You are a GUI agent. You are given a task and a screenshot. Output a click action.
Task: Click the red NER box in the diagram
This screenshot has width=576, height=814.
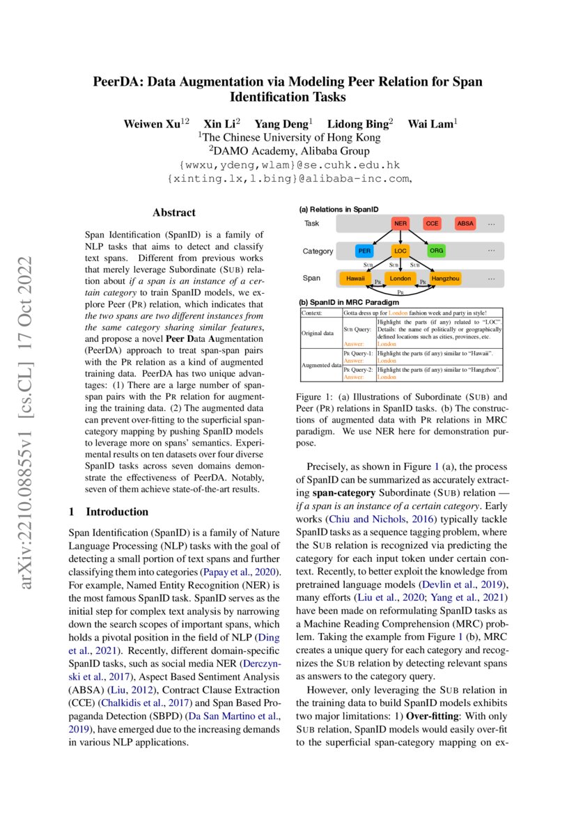(400, 224)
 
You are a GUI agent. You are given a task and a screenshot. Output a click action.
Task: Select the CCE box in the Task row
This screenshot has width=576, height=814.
(433, 224)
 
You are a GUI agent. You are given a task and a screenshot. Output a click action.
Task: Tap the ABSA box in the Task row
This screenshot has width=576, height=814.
(465, 224)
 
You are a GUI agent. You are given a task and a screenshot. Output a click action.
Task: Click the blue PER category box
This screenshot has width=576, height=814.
(364, 251)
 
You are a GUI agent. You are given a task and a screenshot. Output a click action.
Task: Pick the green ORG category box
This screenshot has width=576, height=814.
(436, 251)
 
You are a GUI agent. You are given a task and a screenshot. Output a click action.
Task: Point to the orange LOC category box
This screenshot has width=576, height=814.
(400, 251)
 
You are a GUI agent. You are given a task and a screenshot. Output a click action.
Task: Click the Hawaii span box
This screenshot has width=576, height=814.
(354, 279)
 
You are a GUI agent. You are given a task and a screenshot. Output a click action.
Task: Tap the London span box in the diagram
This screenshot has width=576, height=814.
(400, 279)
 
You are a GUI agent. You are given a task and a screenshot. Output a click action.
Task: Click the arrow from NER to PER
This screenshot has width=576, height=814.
(382, 237)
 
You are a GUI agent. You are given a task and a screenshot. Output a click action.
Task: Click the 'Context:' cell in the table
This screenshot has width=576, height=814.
(311, 313)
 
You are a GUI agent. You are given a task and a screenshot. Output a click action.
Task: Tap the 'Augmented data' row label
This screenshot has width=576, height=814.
(321, 364)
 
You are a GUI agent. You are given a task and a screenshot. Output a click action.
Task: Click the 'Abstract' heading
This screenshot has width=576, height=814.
(174, 213)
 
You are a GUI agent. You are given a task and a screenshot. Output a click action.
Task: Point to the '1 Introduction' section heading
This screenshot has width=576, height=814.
(109, 512)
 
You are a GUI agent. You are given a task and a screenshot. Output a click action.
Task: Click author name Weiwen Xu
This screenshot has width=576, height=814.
(153, 124)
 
